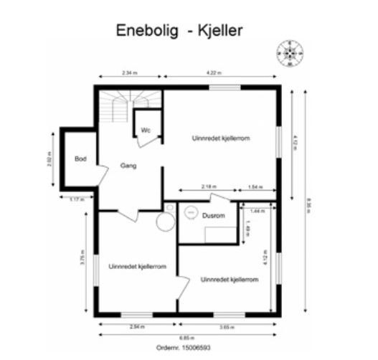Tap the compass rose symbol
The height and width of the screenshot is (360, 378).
click(x=290, y=52)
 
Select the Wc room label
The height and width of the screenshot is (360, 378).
click(x=145, y=130)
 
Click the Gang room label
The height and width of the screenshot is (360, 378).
click(x=128, y=166)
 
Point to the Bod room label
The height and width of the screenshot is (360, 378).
click(x=80, y=158)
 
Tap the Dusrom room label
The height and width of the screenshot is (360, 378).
click(x=214, y=215)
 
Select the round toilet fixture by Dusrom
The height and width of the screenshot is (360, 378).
click(x=166, y=222)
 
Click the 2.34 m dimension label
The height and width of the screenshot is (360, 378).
click(x=130, y=73)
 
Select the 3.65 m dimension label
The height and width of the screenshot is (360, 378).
click(x=225, y=327)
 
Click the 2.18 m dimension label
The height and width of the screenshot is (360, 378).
click(x=208, y=187)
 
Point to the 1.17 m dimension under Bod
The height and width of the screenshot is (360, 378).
click(x=75, y=199)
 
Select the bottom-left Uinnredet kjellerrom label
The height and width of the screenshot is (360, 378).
click(x=138, y=267)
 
